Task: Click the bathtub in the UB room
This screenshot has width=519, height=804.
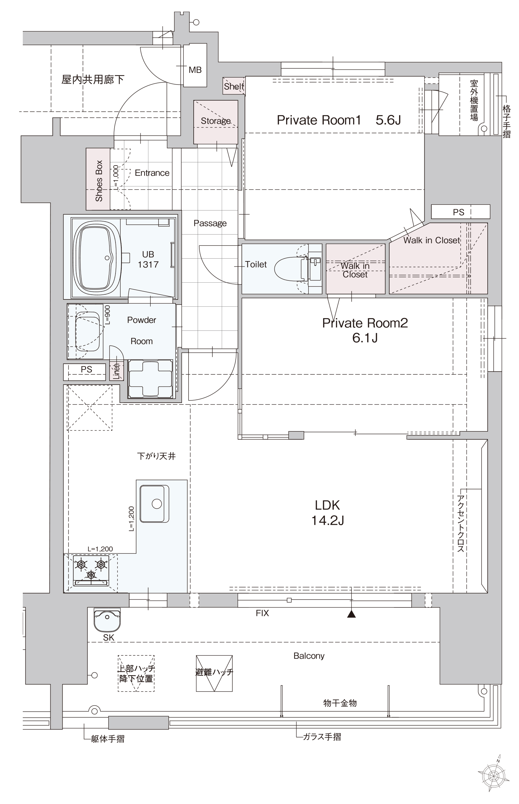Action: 97,258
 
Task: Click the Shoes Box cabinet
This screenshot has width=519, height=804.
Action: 98,179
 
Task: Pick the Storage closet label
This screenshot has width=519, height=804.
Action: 216,121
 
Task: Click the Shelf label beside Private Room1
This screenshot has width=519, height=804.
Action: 234,86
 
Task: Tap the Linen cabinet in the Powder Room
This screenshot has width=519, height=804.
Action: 116,370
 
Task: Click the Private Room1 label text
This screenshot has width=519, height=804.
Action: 319,120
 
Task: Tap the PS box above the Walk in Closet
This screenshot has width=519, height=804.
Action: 460,212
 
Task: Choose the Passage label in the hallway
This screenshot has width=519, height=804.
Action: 210,223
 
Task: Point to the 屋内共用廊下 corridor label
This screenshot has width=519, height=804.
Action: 93,79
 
